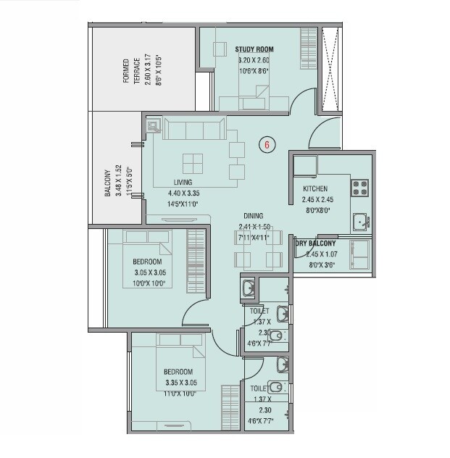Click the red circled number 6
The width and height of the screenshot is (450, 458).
[267, 145]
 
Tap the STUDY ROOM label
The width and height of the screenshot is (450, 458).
[254, 49]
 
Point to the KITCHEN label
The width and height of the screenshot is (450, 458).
[315, 189]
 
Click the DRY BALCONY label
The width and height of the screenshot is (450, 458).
[316, 244]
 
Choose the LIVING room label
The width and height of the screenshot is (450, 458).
[182, 183]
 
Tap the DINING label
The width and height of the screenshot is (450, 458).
[253, 216]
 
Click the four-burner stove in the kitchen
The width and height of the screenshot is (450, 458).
[360, 188]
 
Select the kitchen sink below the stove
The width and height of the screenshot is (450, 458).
[359, 222]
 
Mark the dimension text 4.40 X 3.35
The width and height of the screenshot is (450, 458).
[182, 193]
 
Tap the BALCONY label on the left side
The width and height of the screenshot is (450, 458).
[107, 184]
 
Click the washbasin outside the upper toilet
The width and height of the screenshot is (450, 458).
[248, 289]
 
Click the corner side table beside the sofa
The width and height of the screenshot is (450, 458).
[154, 126]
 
